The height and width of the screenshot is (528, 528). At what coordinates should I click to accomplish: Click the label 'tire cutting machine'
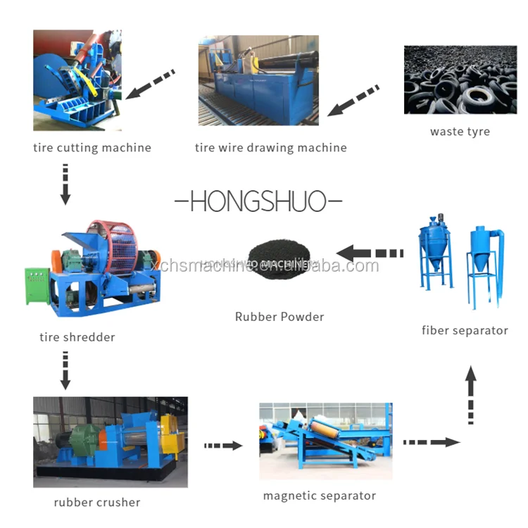pos(92,148)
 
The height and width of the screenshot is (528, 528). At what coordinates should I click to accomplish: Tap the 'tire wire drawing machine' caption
pos(270,148)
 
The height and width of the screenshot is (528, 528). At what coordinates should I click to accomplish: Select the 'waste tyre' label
pos(460,132)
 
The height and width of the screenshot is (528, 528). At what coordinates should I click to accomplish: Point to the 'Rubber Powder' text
pos(279,317)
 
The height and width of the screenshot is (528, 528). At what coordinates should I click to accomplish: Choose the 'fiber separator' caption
pos(465,330)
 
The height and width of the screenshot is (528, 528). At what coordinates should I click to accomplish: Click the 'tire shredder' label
pos(77,337)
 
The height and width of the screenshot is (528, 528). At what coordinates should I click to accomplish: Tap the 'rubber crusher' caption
pos(96,503)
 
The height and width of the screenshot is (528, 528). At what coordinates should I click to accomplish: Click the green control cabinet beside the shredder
pos(37,286)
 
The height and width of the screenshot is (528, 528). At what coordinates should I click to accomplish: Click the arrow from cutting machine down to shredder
pos(65,184)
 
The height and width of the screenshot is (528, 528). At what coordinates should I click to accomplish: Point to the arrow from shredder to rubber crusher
pos(65,371)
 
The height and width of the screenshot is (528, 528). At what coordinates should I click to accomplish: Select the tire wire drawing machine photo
pos(258,80)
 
